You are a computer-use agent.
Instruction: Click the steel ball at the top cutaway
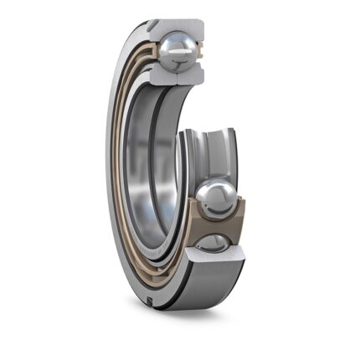pyautogui.click(x=179, y=53)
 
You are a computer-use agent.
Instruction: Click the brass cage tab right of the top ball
pyautogui.click(x=201, y=52)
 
